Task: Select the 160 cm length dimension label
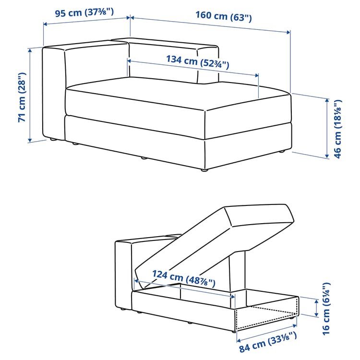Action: coord(223,15)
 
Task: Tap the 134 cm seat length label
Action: coord(197,61)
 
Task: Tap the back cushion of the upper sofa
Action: coord(163,60)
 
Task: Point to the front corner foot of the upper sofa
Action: coord(204,169)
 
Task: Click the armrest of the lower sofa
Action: coord(123,274)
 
